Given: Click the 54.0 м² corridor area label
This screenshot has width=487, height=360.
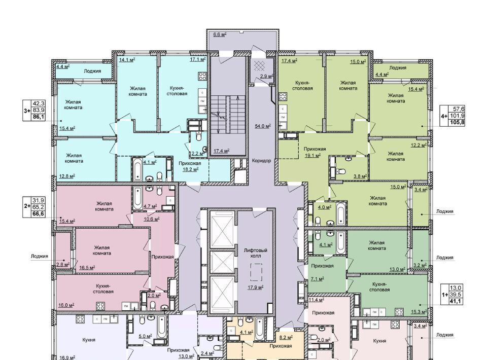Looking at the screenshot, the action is (x=263, y=126).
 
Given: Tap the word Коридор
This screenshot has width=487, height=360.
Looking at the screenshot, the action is (x=262, y=161).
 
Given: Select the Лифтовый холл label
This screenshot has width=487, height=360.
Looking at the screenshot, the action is (x=256, y=253).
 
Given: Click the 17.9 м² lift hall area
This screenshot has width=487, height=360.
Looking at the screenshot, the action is (x=256, y=287).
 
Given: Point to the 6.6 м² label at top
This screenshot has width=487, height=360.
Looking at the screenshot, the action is (x=220, y=34).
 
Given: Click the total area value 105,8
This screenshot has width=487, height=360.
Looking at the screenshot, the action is (x=457, y=123).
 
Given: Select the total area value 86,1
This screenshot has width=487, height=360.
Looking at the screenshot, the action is (x=38, y=117).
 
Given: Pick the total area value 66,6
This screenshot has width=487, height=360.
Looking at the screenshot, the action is (x=38, y=214).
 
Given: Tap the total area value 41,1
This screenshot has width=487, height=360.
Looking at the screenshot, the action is (x=456, y=301).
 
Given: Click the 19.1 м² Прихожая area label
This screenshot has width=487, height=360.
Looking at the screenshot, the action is (x=313, y=156).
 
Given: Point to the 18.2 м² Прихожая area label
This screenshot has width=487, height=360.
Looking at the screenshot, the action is (x=190, y=169).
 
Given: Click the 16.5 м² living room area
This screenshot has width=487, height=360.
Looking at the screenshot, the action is (x=87, y=268).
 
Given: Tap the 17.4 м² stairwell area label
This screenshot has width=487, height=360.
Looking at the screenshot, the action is (x=222, y=151).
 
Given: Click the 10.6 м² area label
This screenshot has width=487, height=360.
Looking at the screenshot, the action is (x=152, y=219).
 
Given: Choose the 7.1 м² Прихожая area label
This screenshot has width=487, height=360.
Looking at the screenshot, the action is (x=318, y=279).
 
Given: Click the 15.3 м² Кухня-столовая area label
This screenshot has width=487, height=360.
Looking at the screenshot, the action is (x=419, y=311).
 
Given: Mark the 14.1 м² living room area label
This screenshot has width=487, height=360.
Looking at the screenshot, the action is (x=127, y=60).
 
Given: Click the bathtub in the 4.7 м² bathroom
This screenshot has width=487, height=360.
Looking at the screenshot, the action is (x=137, y=197).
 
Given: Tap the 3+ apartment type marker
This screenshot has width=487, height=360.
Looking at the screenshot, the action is (x=27, y=110).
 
